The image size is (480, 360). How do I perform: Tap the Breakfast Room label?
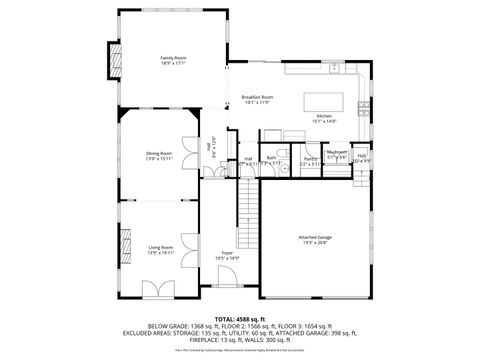258,97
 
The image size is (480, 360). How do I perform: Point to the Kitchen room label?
325,117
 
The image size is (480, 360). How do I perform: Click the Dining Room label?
160,153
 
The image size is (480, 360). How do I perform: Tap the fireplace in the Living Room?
126,245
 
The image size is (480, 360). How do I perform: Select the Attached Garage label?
313,237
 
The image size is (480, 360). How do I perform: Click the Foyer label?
228,253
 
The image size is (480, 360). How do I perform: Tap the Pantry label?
311,158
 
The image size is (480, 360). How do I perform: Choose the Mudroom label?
337,153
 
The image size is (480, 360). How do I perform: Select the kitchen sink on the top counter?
345,70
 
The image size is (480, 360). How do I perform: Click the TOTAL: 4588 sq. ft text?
239,318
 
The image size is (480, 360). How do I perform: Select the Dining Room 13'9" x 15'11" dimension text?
160,158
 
